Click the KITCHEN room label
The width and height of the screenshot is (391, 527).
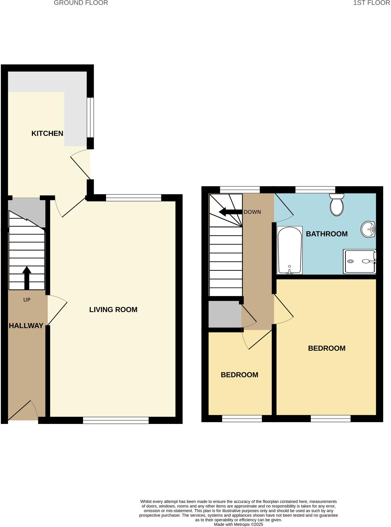click(x=47, y=133)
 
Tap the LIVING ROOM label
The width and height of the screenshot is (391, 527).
click(x=113, y=310)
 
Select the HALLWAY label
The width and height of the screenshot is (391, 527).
click(x=26, y=326)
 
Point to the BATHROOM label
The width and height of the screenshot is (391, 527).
click(x=327, y=234)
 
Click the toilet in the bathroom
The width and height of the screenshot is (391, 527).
click(x=337, y=205)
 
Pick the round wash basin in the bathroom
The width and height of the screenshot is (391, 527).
click(x=368, y=229)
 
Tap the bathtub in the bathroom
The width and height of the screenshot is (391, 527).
click(x=290, y=251)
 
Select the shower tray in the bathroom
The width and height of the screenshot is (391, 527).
click(x=360, y=261)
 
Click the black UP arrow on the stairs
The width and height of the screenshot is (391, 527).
click(x=27, y=278)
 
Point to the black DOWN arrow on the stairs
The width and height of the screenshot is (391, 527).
click(x=230, y=212)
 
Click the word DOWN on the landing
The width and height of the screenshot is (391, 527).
click(x=252, y=212)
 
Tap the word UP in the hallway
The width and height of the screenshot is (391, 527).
click(x=27, y=300)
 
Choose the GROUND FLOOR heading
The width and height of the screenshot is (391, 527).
click(x=81, y=3)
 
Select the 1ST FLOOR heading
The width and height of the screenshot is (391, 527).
click(x=371, y=3)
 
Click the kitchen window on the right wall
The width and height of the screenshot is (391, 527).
click(x=91, y=117)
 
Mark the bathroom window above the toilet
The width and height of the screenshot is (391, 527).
click(x=315, y=190)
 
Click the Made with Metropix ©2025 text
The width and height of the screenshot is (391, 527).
click(x=238, y=525)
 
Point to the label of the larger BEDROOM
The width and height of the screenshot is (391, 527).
click(x=327, y=348)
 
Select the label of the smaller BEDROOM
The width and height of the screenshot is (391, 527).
click(x=239, y=375)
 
